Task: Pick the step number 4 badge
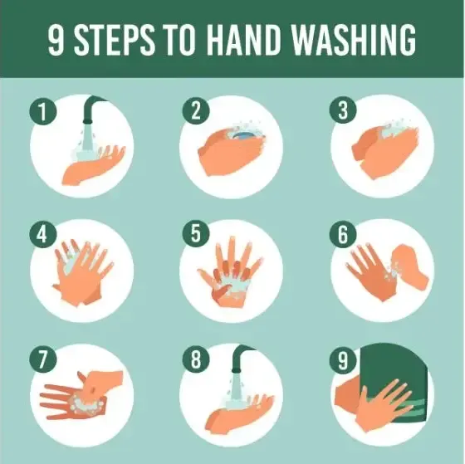tap(39, 235)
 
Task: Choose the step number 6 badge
tap(340, 235)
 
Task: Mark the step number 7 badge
tap(39, 361)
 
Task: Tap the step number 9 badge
tap(340, 361)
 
